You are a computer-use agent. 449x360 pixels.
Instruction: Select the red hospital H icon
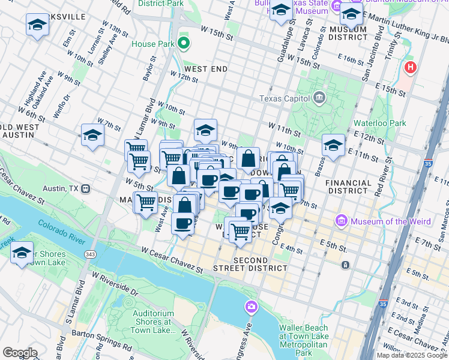click(411, 67)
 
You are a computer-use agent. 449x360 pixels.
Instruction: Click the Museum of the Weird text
click(391, 221)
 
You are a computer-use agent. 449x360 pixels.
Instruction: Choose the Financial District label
click(348, 187)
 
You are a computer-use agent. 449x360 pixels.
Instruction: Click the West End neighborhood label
click(206, 69)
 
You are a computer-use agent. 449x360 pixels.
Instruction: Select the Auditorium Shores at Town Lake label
click(152, 318)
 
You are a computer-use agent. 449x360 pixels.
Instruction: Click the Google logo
click(20, 353)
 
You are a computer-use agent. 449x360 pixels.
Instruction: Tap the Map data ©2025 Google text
click(412, 355)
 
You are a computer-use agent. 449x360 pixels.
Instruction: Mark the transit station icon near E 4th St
click(346, 265)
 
